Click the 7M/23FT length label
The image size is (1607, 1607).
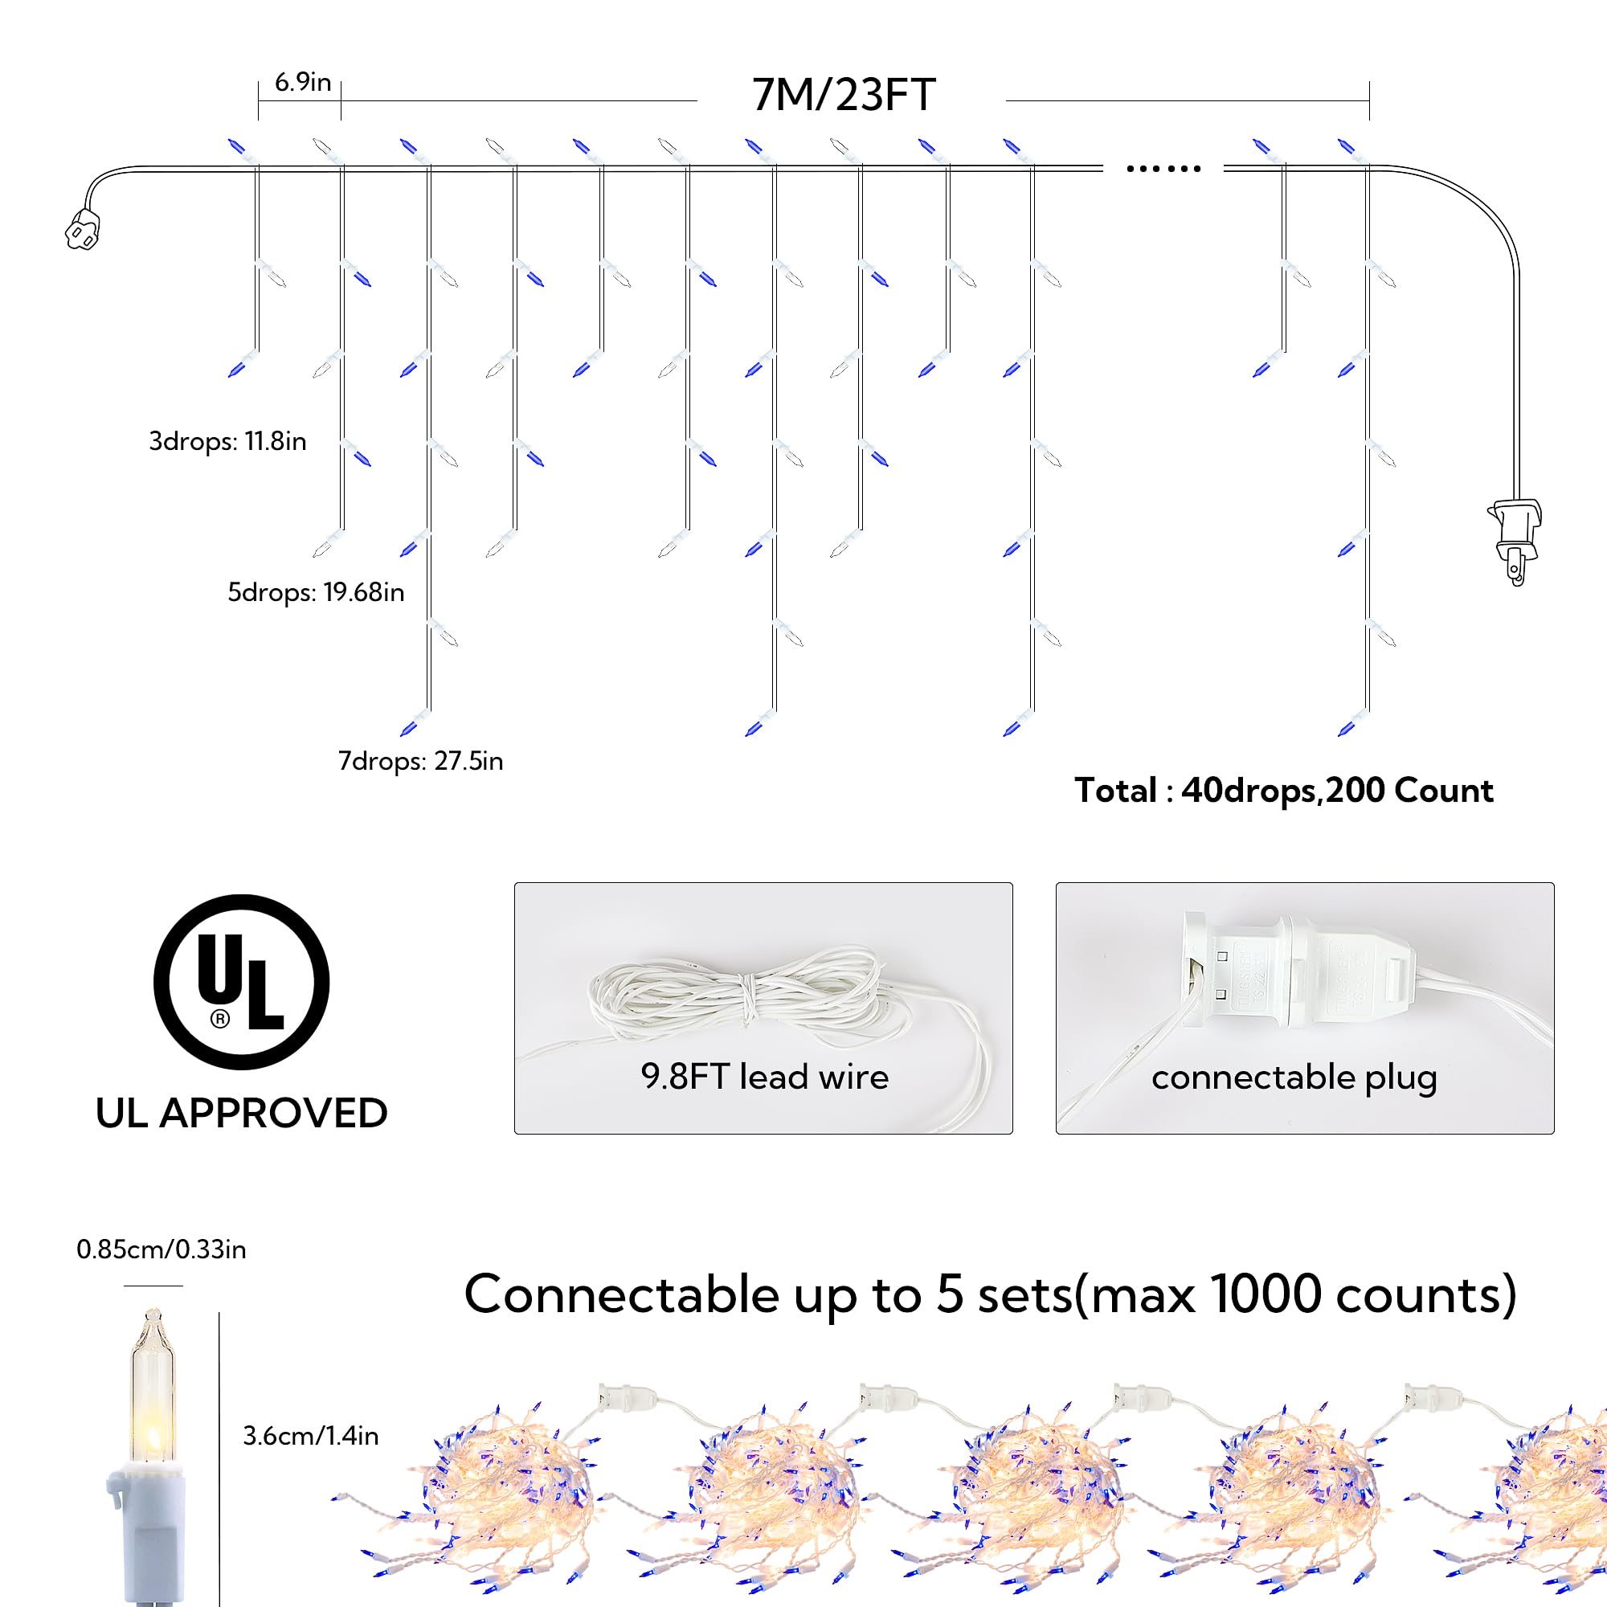click(x=844, y=95)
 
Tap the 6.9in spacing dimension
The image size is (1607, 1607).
click(x=303, y=82)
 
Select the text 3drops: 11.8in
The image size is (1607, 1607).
click(x=227, y=441)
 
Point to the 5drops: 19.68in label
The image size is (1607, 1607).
click(x=316, y=592)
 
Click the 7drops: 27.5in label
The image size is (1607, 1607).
click(x=420, y=761)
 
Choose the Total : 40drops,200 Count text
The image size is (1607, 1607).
click(x=1283, y=790)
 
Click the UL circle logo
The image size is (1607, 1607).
click(x=241, y=982)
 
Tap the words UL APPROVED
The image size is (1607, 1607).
click(x=241, y=1113)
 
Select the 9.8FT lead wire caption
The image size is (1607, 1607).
click(x=764, y=1077)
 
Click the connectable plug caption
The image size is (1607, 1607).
click(x=1294, y=1078)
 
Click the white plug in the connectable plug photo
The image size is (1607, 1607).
click(x=1298, y=973)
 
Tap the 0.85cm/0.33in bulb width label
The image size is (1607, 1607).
click(x=162, y=1249)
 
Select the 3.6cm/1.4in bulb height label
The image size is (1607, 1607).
click(x=310, y=1436)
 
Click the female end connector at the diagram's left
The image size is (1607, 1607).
click(x=82, y=230)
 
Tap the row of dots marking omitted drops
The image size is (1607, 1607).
click(x=1163, y=169)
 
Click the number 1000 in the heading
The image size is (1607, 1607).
click(x=1266, y=1295)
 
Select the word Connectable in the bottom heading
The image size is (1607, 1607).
click(x=620, y=1295)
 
